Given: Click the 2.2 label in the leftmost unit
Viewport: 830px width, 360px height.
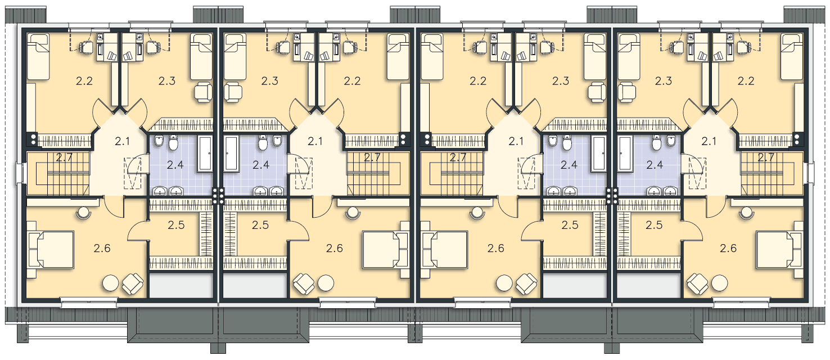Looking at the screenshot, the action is pos(84,81).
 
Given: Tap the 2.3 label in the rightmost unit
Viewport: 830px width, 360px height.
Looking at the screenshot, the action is pos(663,81).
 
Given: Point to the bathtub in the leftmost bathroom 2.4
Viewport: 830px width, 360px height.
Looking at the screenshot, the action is pos(205,154).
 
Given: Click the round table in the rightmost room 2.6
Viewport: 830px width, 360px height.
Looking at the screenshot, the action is pos(719,283).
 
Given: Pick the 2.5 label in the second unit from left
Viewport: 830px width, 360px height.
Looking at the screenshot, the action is pos(260,225).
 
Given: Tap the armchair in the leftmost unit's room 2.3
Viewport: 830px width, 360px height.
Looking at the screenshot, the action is pos(203,92).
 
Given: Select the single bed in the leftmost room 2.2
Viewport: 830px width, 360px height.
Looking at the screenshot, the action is pos(38,56).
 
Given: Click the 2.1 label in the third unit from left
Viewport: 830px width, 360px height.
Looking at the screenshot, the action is pos(516,141).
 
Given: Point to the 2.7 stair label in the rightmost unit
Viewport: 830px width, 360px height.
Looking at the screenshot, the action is pos(765,158).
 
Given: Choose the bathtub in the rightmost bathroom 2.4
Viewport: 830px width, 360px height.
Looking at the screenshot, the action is pos(625,154).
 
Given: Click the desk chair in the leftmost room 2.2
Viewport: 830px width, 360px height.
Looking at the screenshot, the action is pos(87,48).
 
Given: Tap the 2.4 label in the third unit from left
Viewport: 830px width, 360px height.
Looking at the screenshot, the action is pos(569,165).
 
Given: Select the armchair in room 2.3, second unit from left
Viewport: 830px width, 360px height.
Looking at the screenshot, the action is pos(233,92).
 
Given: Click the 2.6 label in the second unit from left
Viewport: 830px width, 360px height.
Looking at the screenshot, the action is pos(335,249).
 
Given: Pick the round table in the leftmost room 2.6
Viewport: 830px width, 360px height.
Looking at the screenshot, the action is pos(110,283).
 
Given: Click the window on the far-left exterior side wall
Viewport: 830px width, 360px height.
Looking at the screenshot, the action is pos(19,174).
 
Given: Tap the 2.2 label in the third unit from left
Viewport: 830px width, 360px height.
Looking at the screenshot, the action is pos(478,81).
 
